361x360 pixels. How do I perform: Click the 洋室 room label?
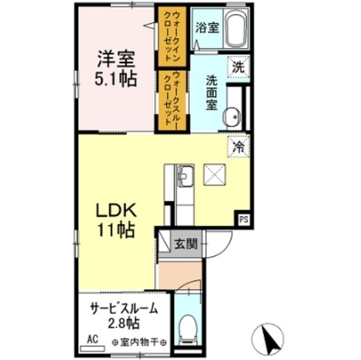117,59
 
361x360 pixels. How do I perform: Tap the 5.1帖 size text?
116,79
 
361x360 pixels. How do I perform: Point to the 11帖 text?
116,230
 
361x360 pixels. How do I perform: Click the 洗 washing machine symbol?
238,66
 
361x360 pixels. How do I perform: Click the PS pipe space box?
244,219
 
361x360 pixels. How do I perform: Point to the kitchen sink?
185,178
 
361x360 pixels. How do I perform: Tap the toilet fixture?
187,326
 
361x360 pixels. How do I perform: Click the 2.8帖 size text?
122,325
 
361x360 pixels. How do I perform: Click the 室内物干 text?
139,342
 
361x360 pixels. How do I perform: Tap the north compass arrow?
270,337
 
